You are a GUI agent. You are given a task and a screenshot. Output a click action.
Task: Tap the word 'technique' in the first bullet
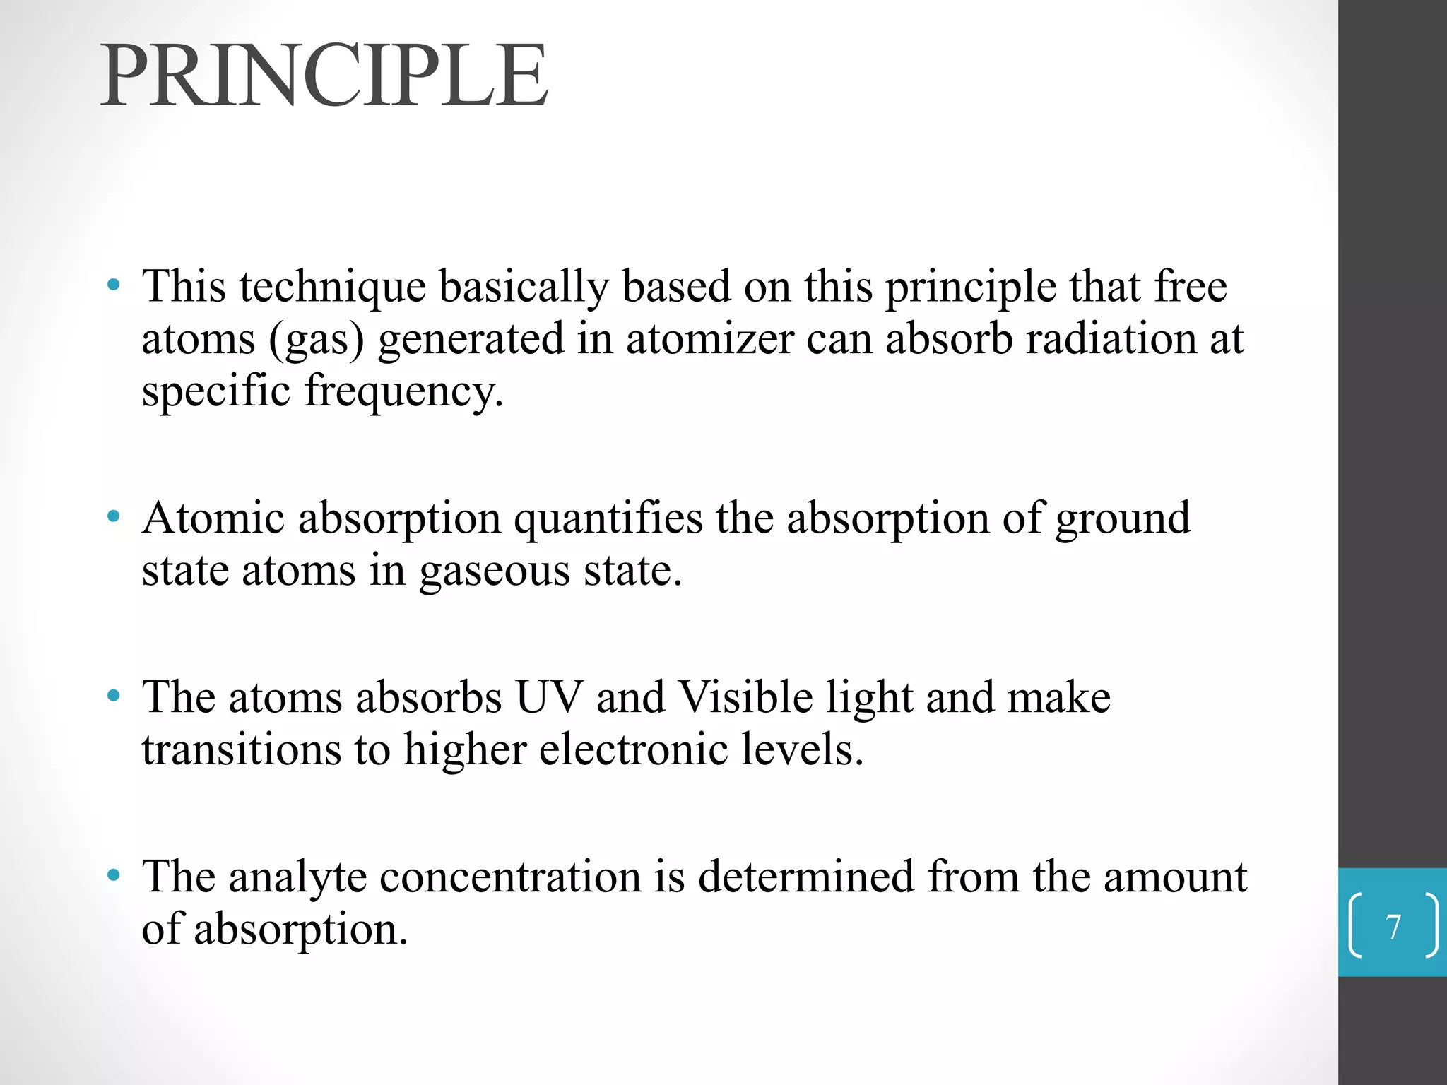tap(332, 287)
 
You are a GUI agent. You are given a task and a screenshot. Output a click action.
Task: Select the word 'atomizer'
tap(709, 339)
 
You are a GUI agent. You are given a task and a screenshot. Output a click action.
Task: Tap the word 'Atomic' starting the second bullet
tap(213, 518)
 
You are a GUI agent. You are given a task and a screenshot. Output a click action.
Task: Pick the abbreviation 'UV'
tap(550, 697)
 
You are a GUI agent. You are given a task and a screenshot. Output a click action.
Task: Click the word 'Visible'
tap(745, 697)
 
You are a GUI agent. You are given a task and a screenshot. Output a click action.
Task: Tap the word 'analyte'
tap(297, 878)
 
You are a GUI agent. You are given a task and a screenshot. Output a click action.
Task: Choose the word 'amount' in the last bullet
tap(1175, 877)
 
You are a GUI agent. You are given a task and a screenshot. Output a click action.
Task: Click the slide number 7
tap(1393, 927)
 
